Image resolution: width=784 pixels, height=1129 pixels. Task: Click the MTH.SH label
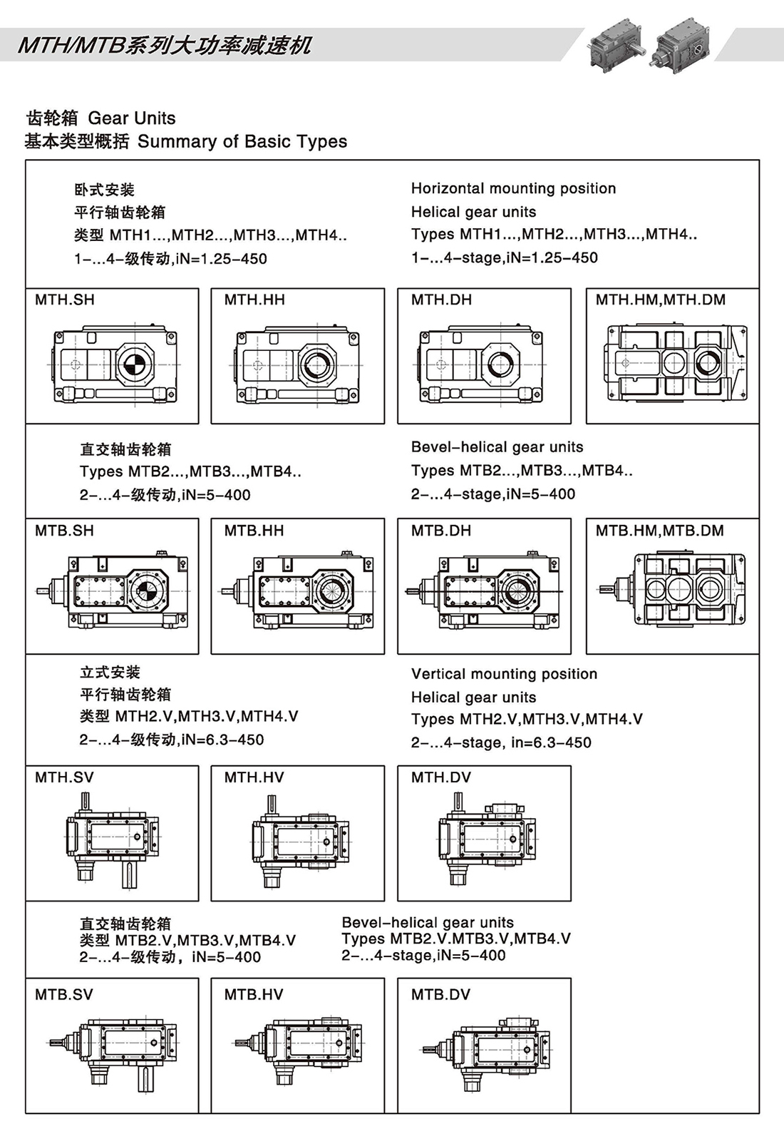[x=65, y=300]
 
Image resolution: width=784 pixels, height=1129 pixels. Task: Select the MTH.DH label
[x=441, y=300]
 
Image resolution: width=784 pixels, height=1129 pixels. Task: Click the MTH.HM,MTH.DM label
[x=661, y=300]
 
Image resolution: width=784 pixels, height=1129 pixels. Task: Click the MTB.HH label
[x=254, y=531]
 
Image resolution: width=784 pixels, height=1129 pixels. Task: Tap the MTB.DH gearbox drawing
[x=485, y=591]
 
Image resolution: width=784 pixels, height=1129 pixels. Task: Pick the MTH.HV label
[x=254, y=777]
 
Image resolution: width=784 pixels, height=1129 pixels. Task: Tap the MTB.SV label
[x=64, y=995]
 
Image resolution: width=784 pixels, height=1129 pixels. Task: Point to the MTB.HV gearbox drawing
[x=298, y=1050]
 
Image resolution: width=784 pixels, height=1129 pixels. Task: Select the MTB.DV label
[x=440, y=995]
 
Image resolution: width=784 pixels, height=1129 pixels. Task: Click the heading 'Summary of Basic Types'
[x=242, y=141]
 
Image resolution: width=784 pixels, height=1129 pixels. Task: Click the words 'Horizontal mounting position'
[x=513, y=188]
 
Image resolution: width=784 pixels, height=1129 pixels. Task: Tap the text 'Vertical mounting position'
[x=504, y=674]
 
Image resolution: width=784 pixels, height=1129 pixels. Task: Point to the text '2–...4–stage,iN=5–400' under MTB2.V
[x=423, y=956]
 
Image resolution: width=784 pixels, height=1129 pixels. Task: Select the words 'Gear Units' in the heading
[x=132, y=118]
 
